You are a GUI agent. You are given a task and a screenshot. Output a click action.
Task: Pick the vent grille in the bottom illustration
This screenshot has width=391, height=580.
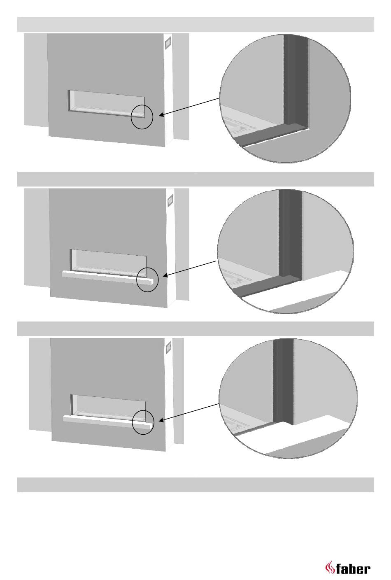point(168,348)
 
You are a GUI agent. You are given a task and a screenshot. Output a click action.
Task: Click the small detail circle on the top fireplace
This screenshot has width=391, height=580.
point(142,117)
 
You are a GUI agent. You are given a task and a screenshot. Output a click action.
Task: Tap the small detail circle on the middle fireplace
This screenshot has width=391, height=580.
point(147,280)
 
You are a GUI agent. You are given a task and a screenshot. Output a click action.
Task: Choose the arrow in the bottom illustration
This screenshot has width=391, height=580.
point(189,412)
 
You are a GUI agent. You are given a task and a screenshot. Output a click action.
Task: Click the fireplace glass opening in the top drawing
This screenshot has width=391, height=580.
point(106,103)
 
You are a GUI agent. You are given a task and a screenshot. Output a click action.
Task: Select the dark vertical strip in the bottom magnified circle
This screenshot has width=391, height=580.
point(283,379)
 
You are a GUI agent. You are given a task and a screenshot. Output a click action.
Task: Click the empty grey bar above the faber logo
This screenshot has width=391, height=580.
point(195,484)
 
